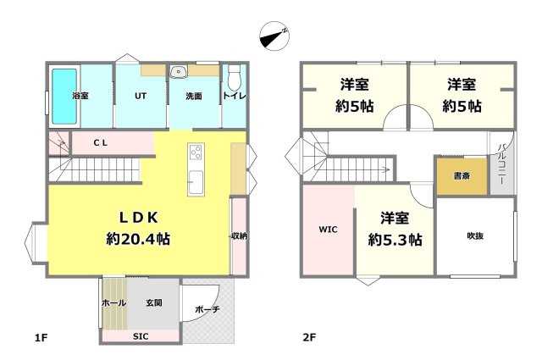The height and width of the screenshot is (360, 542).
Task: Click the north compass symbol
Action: (274, 36)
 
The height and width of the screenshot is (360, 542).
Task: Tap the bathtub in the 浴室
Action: (64, 95)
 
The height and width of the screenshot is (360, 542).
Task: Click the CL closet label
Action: (100, 144)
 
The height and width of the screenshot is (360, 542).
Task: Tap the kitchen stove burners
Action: (195, 153)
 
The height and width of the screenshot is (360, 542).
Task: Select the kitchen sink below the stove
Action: (195, 181)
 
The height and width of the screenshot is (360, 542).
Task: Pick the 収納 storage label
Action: (239, 235)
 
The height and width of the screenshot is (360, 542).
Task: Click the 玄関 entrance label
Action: (153, 302)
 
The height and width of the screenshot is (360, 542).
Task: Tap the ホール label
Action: (113, 302)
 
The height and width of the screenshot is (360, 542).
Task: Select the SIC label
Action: (140, 336)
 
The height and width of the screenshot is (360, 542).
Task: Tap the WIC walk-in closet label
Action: (328, 230)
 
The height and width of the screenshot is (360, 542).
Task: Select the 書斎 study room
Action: (462, 177)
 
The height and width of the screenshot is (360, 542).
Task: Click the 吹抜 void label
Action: (475, 235)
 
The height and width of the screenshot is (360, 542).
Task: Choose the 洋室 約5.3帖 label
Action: (395, 229)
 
